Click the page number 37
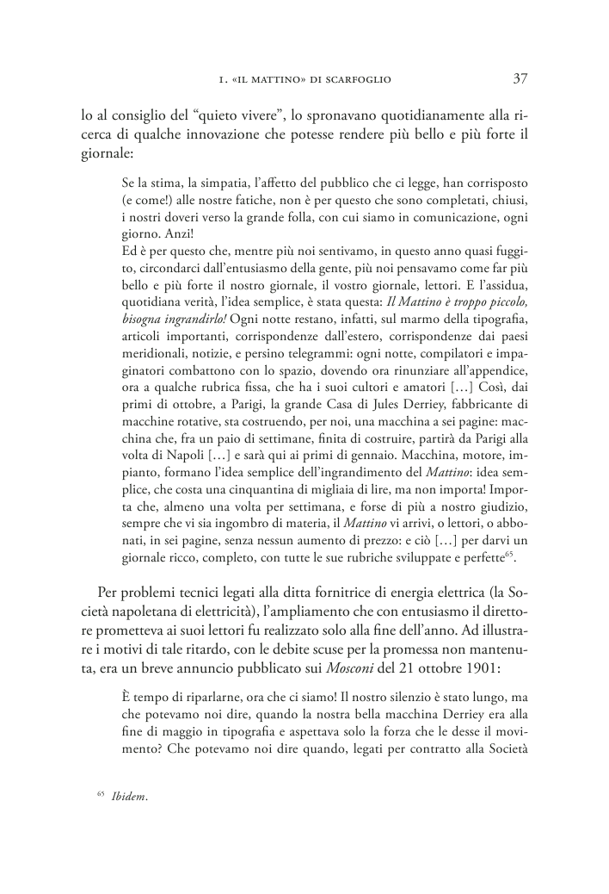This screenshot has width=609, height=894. click(520, 79)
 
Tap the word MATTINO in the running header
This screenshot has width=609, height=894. click(280, 80)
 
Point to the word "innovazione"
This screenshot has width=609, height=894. click(220, 134)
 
